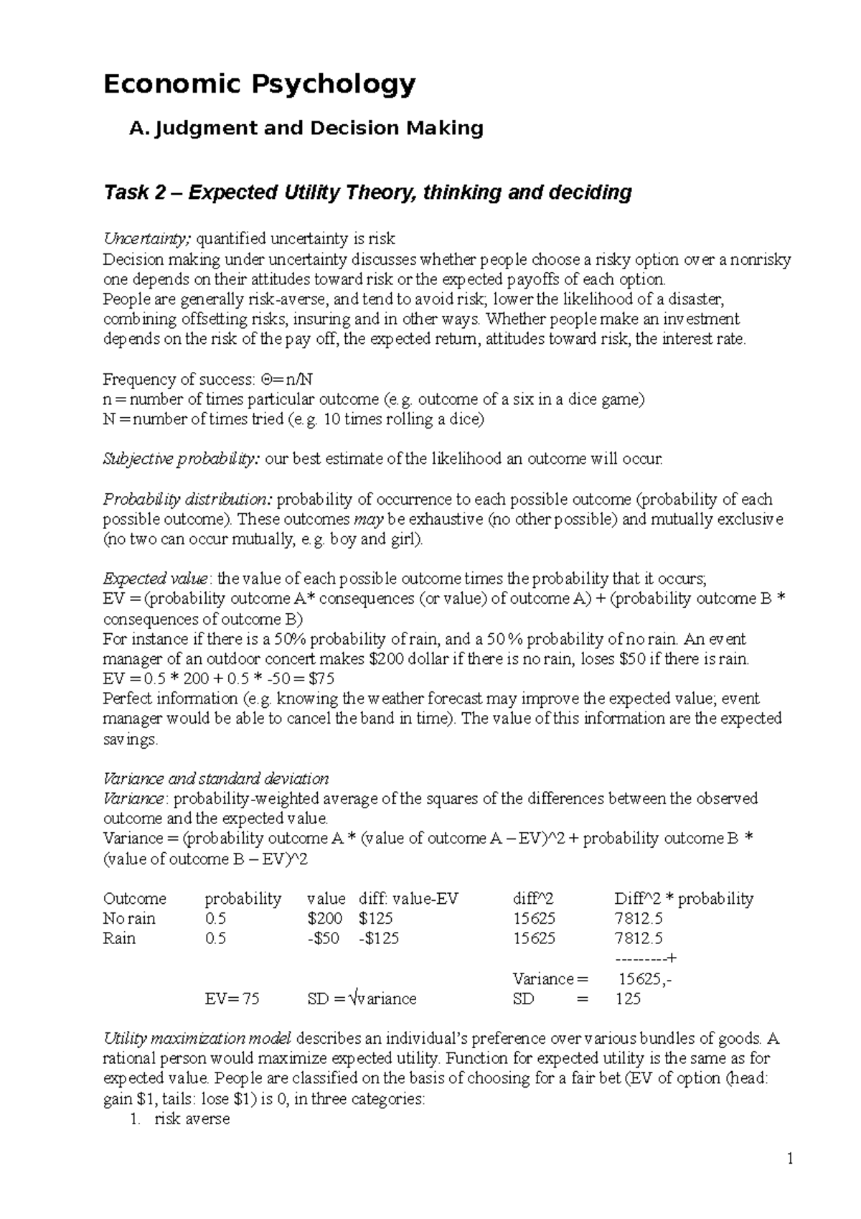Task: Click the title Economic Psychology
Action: point(259,85)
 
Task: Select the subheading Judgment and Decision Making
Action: point(306,129)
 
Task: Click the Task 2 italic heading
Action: point(367,192)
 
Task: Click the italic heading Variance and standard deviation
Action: point(216,779)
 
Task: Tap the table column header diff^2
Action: point(533,899)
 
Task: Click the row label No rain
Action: point(129,919)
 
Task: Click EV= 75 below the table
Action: point(232,999)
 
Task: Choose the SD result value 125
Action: point(628,999)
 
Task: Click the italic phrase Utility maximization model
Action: point(197,1038)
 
